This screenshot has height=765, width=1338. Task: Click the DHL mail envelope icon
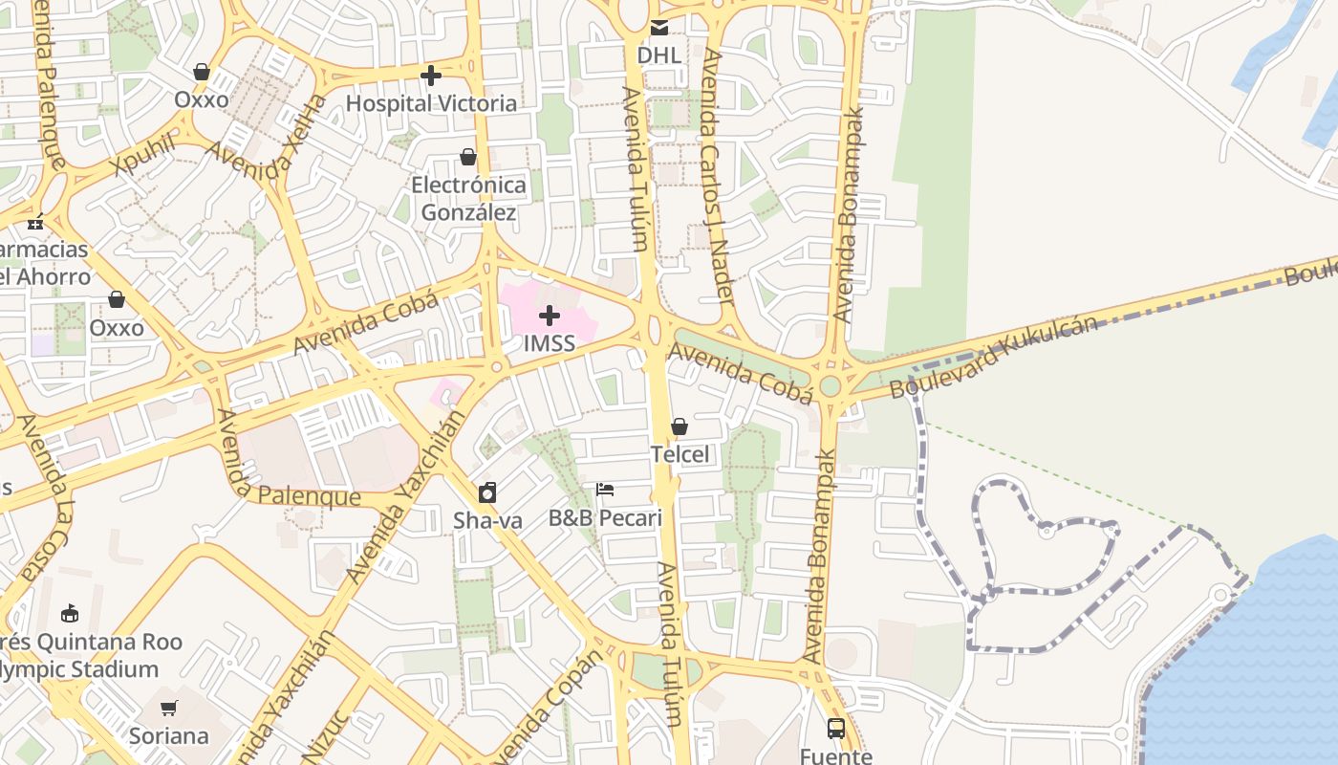[x=659, y=28]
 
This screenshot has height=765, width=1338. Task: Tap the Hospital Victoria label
[x=431, y=102]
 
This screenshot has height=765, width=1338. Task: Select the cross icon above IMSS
[x=550, y=315]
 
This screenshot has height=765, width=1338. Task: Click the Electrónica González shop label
[x=468, y=198]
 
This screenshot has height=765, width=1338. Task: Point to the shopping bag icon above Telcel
[x=680, y=426]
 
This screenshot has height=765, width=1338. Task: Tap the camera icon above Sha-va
[x=487, y=492]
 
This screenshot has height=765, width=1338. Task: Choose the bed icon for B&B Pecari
[x=605, y=490]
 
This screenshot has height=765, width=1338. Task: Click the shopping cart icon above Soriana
[x=169, y=708]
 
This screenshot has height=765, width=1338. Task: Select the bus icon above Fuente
[x=836, y=729]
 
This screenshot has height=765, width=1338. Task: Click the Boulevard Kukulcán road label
[x=994, y=358]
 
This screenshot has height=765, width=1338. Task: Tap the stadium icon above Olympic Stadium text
[x=70, y=613]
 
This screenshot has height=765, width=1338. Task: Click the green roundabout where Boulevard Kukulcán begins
[x=830, y=385]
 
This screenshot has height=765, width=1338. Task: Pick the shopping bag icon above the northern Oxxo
[x=202, y=72]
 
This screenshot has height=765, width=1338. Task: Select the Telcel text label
[x=680, y=454]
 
